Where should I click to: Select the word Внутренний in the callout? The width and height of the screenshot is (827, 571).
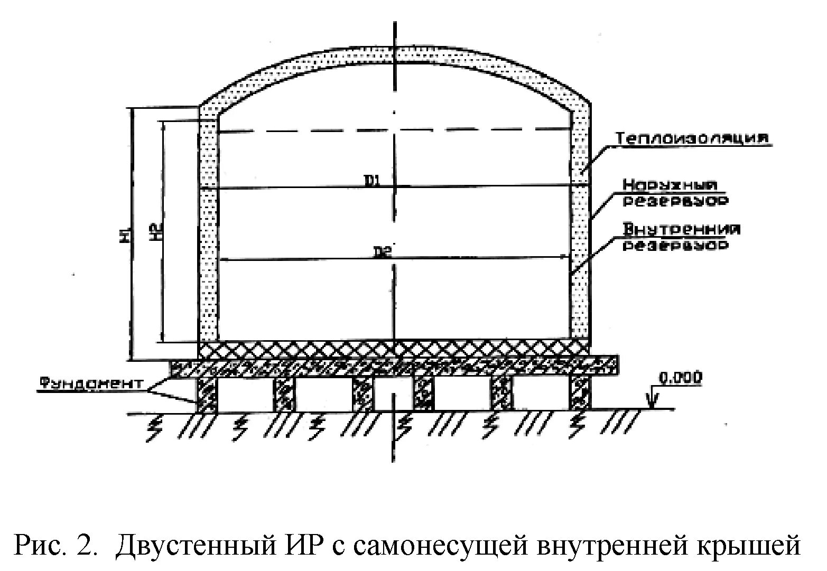click(682, 230)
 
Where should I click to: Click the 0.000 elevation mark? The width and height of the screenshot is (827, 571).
click(681, 377)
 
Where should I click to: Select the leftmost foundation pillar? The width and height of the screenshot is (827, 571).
click(207, 394)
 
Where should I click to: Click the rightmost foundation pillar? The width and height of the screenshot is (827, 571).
click(580, 394)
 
